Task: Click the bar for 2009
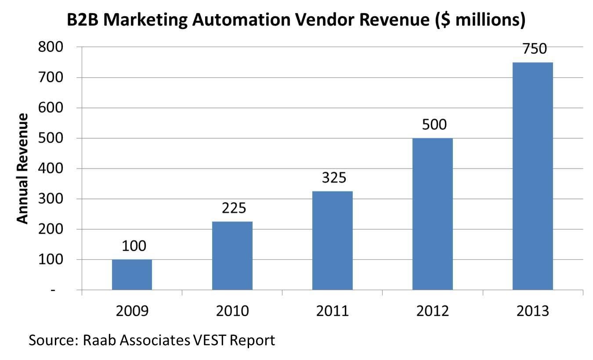coord(132,275)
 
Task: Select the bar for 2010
coord(232,256)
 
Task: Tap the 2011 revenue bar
coord(332,241)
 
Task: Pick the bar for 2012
coord(432,214)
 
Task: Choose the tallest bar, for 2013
coord(532,176)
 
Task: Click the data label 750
coord(534,49)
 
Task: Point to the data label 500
coord(434,125)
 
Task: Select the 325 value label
coord(334,178)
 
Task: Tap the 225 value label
coord(234,208)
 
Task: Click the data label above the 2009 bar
coord(134,246)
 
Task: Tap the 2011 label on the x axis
coord(332,311)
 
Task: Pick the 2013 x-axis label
coord(533,311)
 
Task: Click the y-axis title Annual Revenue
coord(22,169)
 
